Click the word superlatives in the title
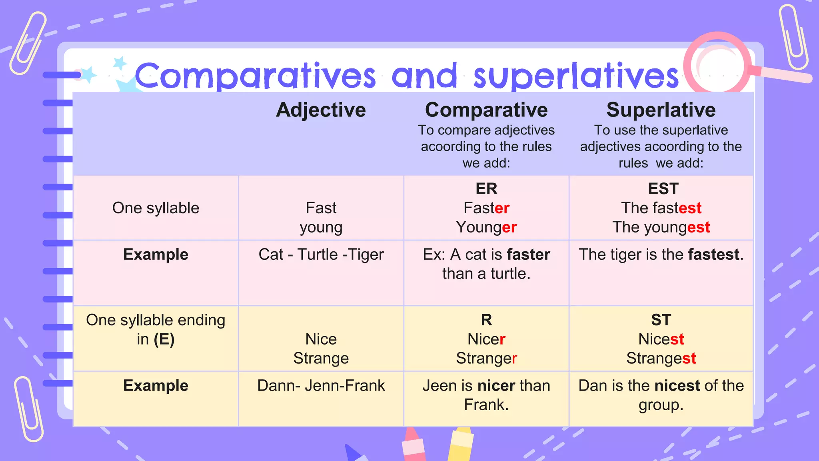(576, 76)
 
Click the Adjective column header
(321, 110)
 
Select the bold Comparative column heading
(486, 110)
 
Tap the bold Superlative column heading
(661, 110)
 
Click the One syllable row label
(156, 208)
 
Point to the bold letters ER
(486, 188)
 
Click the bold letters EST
(663, 188)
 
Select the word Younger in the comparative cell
(486, 227)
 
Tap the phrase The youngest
(661, 227)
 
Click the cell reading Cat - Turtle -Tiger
(321, 255)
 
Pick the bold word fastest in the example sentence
(713, 255)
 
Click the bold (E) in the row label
(164, 339)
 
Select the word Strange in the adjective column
(321, 358)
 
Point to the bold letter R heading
(486, 320)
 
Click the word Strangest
(661, 358)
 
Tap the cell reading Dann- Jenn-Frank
(321, 386)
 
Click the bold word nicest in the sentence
(677, 386)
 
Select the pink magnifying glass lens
(717, 64)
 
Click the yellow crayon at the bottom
(461, 444)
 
